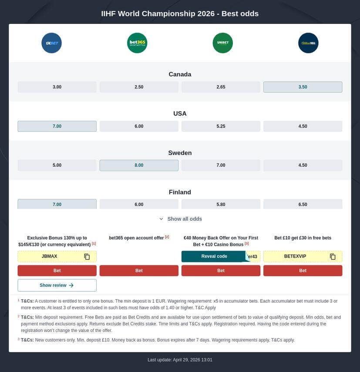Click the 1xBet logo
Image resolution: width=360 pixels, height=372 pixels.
pyautogui.click(x=51, y=43)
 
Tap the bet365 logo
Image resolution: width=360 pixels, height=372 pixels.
pyautogui.click(x=137, y=43)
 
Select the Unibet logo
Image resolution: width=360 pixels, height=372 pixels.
pyautogui.click(x=222, y=43)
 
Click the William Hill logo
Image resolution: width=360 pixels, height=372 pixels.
pyautogui.click(x=308, y=43)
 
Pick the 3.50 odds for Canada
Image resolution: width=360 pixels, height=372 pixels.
pyautogui.click(x=303, y=87)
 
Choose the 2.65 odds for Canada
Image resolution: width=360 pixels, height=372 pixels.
pyautogui.click(x=221, y=87)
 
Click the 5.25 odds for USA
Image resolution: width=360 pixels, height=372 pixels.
pyautogui.click(x=221, y=126)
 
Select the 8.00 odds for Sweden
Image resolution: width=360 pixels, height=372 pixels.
pyautogui.click(x=139, y=165)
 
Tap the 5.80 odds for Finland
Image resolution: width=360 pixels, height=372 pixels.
pyautogui.click(x=221, y=204)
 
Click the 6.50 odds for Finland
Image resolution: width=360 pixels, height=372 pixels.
pyautogui.click(x=303, y=204)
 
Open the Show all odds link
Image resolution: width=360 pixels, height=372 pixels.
pyautogui.click(x=180, y=219)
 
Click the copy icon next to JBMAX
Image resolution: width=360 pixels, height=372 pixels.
pyautogui.click(x=87, y=257)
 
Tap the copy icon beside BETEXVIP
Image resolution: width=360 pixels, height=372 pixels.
pyautogui.click(x=333, y=257)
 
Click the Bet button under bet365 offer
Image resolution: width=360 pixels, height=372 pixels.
pyautogui.click(x=139, y=271)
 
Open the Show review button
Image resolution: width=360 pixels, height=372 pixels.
pyautogui.click(x=57, y=285)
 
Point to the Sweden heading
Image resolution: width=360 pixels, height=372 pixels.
pyautogui.click(x=180, y=153)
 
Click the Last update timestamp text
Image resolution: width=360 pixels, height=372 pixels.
pyautogui.click(x=180, y=360)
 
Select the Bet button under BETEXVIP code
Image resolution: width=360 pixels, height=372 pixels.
pyautogui.click(x=303, y=271)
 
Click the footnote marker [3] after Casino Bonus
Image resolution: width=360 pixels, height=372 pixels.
pyautogui.click(x=246, y=244)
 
